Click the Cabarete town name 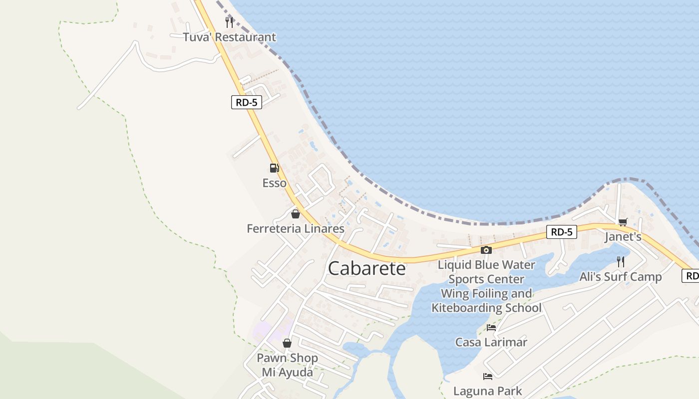click(x=366, y=268)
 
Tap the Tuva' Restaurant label click(x=229, y=37)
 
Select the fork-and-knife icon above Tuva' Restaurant click(x=229, y=22)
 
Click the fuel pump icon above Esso click(x=274, y=168)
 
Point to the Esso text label click(x=275, y=183)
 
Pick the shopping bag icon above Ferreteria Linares click(x=296, y=214)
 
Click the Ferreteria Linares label click(x=296, y=228)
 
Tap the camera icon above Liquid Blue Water click(x=486, y=250)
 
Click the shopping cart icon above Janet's click(x=623, y=222)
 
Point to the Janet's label click(x=623, y=236)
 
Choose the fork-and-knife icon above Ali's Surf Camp click(x=621, y=261)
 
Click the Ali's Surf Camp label click(x=621, y=276)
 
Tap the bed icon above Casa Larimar click(x=491, y=328)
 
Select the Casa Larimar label click(x=491, y=342)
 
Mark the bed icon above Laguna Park click(x=488, y=376)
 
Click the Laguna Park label click(x=488, y=391)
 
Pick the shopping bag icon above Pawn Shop click(x=287, y=343)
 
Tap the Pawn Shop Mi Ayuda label click(x=287, y=365)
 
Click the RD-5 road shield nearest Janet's click(x=561, y=231)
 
